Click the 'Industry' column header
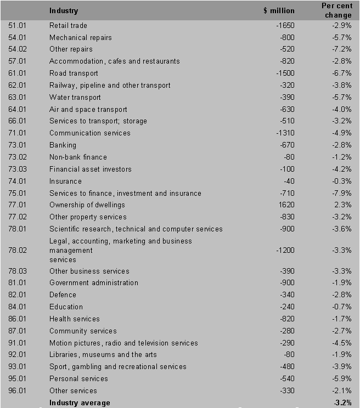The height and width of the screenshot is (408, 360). coord(64,10)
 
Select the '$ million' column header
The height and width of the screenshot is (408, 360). coord(279,10)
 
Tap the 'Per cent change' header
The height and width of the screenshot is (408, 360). coord(336,10)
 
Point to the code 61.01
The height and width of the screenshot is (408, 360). coord(18,73)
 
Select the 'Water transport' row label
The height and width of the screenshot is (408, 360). coord(75,98)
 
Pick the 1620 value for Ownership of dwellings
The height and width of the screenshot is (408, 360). coord(287,205)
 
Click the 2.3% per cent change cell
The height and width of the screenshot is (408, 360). coord(343,205)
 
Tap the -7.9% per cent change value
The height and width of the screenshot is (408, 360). coord(341,193)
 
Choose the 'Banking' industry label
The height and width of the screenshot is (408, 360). coord(63,145)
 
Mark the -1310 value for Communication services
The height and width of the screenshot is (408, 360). coord(285,133)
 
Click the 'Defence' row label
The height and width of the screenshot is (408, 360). coord(63,295)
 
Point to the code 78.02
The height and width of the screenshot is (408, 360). coord(18,251)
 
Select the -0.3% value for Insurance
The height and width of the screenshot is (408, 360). coord(341,182)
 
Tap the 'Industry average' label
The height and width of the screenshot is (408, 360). coord(80,403)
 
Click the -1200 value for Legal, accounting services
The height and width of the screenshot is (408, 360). coord(285,251)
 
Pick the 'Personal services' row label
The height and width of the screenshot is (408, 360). coord(78,379)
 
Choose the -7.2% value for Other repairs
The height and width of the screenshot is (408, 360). coord(341,49)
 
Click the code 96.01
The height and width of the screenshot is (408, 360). coord(18,391)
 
